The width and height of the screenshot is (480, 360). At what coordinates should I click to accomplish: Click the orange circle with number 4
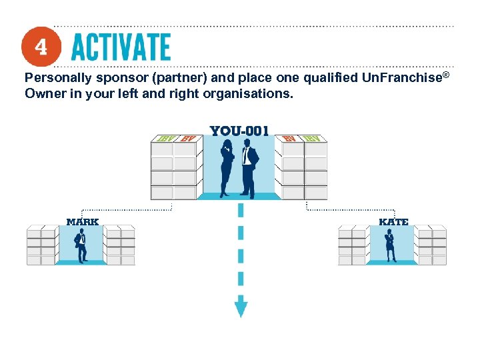tap(41, 47)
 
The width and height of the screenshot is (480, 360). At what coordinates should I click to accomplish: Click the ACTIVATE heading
tap(121, 47)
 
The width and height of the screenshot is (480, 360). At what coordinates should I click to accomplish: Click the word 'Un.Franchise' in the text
tap(401, 78)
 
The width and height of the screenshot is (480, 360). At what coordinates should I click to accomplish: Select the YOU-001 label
tap(239, 131)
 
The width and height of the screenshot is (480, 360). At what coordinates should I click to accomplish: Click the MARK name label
tap(83, 221)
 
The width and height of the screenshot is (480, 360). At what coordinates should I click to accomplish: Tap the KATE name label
tap(393, 221)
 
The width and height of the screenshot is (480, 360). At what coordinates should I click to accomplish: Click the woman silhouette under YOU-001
tap(228, 167)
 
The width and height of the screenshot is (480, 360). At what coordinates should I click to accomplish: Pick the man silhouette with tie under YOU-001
tap(250, 167)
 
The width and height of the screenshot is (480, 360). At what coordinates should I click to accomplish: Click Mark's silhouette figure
tap(81, 245)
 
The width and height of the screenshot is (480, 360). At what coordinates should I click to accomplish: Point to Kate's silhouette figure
tap(390, 245)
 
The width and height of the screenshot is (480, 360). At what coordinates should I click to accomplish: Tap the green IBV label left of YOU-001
tap(164, 139)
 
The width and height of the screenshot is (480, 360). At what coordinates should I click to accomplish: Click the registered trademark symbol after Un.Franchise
tap(445, 74)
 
